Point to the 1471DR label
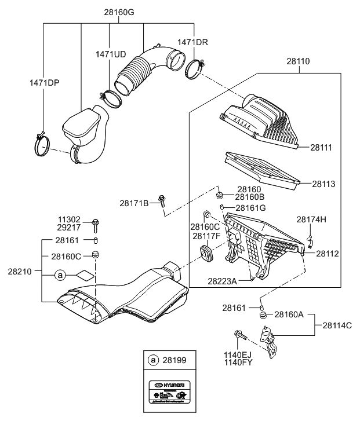pos(192,42)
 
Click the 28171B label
pos(134,203)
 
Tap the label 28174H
pos(311,219)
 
